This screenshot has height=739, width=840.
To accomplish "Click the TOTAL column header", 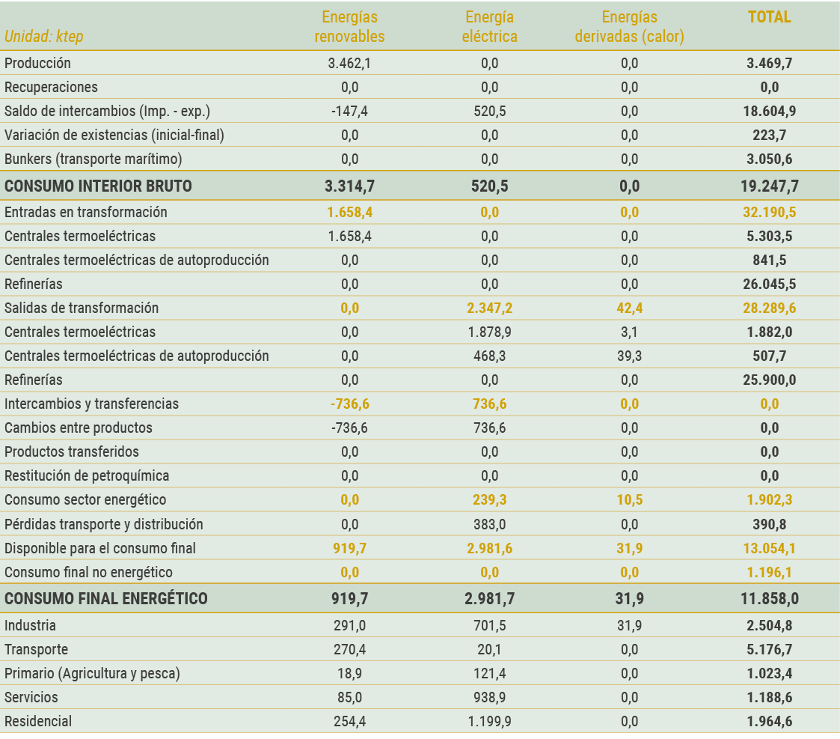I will [x=769, y=17].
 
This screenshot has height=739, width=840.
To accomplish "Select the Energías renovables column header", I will [x=349, y=26].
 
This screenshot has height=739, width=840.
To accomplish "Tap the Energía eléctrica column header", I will [x=489, y=26].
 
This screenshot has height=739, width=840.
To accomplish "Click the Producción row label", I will [x=37, y=64].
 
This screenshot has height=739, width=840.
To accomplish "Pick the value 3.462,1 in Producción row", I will [x=349, y=64].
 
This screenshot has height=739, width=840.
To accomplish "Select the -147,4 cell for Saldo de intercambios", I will [x=349, y=112].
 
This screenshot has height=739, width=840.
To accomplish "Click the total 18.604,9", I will [x=769, y=112].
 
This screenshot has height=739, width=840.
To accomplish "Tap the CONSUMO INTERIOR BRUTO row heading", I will [x=98, y=186].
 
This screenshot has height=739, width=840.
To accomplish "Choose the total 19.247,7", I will [x=769, y=186].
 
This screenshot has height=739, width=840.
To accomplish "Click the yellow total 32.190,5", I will [x=769, y=213].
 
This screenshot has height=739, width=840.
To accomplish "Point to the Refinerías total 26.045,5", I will [x=769, y=285].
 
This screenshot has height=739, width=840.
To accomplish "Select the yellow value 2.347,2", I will [x=489, y=308].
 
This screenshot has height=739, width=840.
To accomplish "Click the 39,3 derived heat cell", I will [x=629, y=356].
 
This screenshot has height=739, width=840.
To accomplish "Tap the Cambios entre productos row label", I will [x=79, y=428].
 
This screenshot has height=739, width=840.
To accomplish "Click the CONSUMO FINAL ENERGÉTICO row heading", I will [x=106, y=599].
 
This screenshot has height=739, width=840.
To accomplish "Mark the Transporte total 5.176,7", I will [x=769, y=650].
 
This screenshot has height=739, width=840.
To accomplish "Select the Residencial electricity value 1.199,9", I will [x=489, y=722].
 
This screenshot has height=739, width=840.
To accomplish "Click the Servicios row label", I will [x=31, y=698].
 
